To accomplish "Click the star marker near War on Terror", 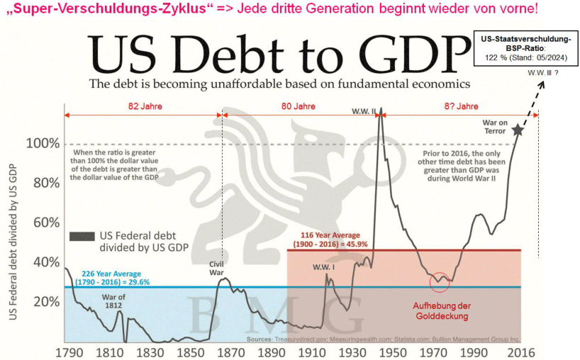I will click(518, 130).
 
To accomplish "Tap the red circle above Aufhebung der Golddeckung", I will click(440, 281).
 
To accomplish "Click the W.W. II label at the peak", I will click(364, 111).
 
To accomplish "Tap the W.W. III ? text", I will click(545, 73).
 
